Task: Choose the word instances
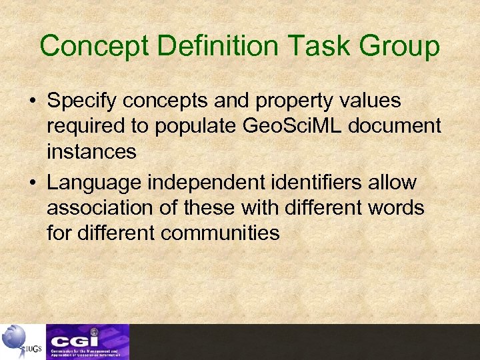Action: coord(91,151)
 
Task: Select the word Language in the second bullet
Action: coord(93,182)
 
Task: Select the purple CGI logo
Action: coord(87,341)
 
